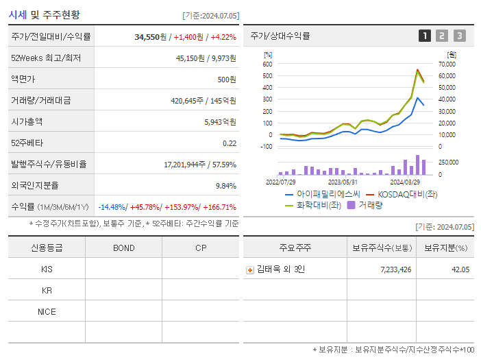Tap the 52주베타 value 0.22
(x=229, y=143)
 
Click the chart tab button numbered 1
(x=425, y=36)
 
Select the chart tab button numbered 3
(x=459, y=36)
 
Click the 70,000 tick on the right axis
(x=446, y=64)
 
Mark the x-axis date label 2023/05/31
(x=343, y=182)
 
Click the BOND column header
(x=123, y=248)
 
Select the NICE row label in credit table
(x=47, y=311)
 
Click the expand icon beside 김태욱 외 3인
(x=250, y=269)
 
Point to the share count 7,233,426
(x=395, y=269)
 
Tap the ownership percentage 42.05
(x=460, y=269)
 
